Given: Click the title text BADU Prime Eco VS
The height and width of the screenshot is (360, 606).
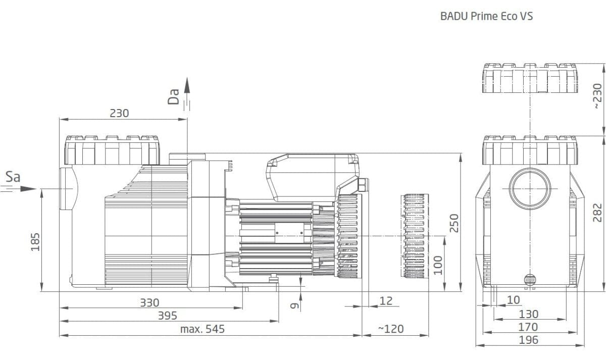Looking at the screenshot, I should pos(486,17).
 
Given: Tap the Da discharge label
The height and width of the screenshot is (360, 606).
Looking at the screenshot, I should pos(174,96).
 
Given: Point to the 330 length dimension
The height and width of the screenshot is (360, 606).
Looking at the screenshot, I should pos(149,303).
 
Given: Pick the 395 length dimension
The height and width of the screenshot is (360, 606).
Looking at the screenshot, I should pos(168,316).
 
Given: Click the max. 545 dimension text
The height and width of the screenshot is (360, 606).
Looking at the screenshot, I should pos(202,330).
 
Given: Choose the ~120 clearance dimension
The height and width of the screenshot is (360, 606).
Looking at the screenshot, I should pos(391,329).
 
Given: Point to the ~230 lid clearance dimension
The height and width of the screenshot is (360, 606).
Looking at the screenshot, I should pos(597,97).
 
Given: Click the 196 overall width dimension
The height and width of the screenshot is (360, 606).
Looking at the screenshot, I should pos(528,340).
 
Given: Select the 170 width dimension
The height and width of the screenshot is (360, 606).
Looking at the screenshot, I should pos(528,327).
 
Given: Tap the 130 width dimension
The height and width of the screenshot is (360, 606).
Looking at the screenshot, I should pos(528,315).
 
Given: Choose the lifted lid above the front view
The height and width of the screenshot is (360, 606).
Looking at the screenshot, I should pos(530,80).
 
